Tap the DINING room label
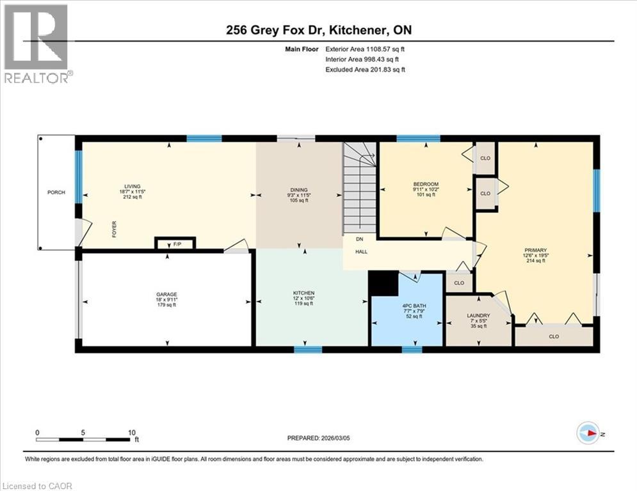click(x=298, y=190)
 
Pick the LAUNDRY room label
click(x=478, y=315)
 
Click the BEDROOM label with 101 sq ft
click(x=425, y=184)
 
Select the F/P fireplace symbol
click(x=175, y=244)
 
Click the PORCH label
click(x=56, y=192)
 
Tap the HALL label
click(x=363, y=251)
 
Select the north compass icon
click(x=588, y=433)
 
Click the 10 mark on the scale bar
click(x=132, y=432)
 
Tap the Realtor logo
click(x=36, y=43)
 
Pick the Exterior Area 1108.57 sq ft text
click(x=365, y=49)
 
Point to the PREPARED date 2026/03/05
click(x=325, y=438)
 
